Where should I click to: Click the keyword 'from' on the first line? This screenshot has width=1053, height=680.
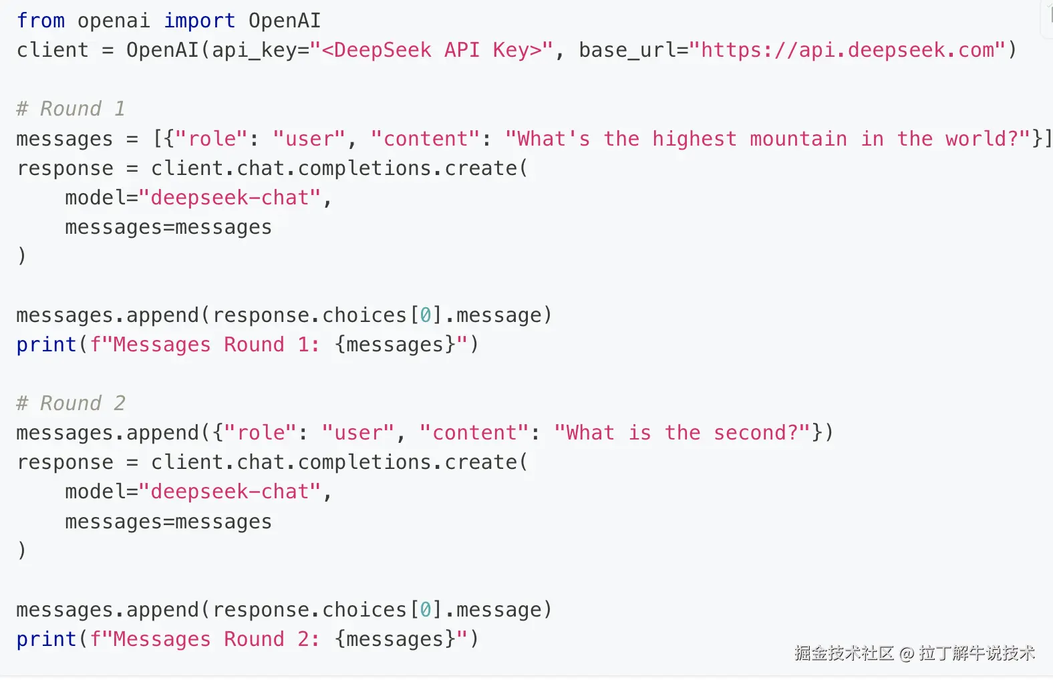pos(41,21)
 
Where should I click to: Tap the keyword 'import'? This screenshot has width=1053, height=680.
pos(199,21)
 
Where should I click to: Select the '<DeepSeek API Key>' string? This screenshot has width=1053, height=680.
pos(431,50)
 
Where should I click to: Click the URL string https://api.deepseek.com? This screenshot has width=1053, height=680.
pos(847,50)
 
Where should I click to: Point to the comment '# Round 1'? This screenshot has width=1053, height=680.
pos(70,109)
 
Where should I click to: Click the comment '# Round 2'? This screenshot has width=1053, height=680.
pos(70,403)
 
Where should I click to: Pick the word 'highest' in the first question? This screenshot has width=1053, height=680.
pos(694,139)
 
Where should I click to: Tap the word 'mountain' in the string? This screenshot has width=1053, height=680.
pos(798,139)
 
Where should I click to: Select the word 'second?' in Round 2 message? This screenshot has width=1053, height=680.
pos(756,433)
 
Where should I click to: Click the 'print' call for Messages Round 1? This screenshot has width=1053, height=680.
pos(46,345)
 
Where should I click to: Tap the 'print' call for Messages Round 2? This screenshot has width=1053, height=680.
pos(46,639)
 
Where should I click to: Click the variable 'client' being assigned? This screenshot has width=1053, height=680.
pos(52,50)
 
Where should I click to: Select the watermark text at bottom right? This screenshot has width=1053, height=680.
pos(914,653)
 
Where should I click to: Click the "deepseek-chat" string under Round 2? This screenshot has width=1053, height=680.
pos(231,492)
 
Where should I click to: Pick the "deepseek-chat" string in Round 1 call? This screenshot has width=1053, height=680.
pos(231,198)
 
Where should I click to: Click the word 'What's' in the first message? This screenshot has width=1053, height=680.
pos(553,139)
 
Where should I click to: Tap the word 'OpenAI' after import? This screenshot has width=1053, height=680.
pos(285,21)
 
